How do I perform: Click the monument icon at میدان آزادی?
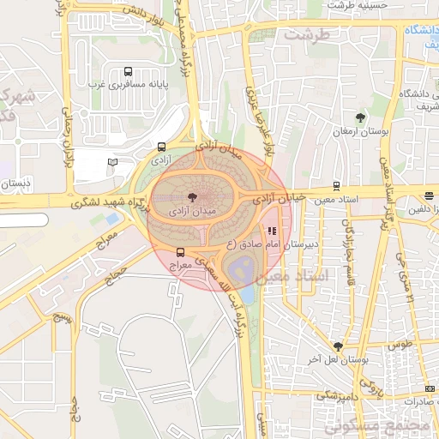tap(191, 197)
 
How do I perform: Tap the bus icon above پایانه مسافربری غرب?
tap(128, 72)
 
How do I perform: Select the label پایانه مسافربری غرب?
tap(128, 85)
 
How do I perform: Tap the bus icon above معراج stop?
tap(180, 252)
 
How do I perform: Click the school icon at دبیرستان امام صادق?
tap(273, 230)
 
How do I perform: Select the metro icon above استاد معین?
tap(335, 185)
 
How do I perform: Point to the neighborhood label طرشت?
tap(307, 35)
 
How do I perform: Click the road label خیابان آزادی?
tap(279, 198)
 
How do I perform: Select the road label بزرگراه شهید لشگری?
tap(105, 202)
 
